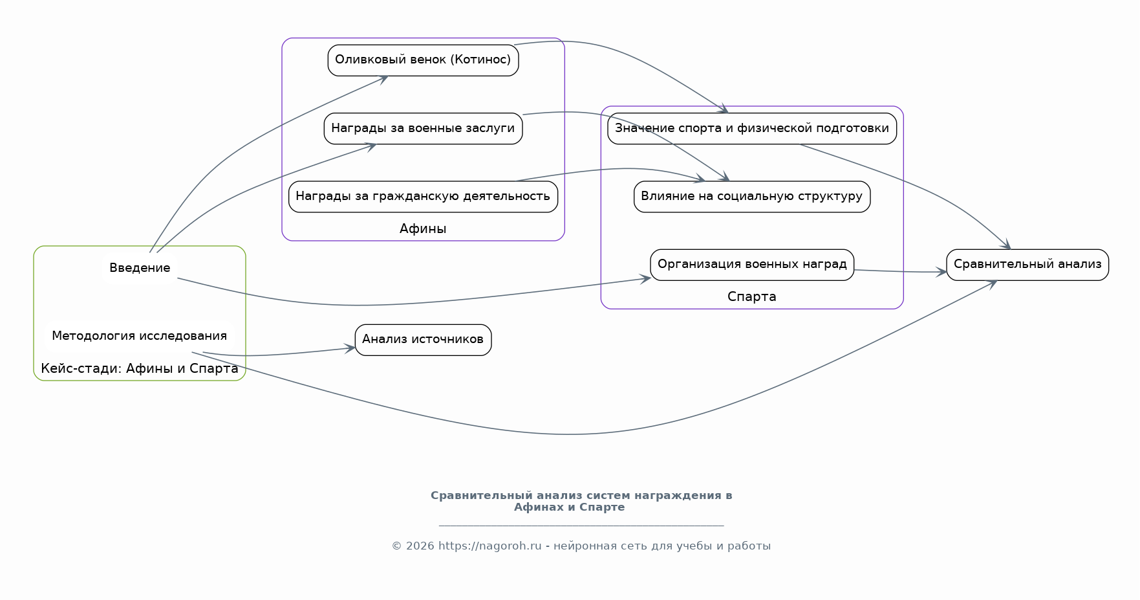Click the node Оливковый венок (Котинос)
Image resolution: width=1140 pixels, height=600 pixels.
click(x=423, y=60)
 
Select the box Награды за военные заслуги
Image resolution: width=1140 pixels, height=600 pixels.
click(x=423, y=128)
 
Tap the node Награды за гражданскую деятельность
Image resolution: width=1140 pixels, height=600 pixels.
click(x=423, y=196)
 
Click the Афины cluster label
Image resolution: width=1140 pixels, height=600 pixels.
click(x=423, y=228)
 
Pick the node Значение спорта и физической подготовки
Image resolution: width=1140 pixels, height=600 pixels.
click(x=752, y=128)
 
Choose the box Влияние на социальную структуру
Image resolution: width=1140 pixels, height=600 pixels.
click(x=752, y=196)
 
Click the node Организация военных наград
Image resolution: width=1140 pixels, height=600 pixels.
click(x=752, y=265)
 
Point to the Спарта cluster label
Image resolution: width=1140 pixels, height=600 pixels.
click(x=751, y=296)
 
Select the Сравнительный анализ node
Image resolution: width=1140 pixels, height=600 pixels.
click(x=1027, y=265)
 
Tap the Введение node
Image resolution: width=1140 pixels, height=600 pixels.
click(x=140, y=268)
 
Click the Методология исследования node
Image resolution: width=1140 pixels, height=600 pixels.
click(x=140, y=336)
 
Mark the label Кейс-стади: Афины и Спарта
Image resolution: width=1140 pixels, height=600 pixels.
click(x=140, y=369)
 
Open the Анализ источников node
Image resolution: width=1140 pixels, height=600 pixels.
click(x=423, y=340)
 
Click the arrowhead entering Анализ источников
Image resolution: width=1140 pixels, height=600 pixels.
click(x=350, y=348)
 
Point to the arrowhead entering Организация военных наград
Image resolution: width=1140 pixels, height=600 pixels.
click(x=645, y=278)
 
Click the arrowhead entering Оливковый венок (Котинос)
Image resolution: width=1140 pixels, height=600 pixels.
click(x=382, y=78)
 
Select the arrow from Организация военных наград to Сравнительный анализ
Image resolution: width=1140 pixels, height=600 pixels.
click(x=900, y=272)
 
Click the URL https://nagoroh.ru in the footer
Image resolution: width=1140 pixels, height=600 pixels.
click(x=490, y=546)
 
